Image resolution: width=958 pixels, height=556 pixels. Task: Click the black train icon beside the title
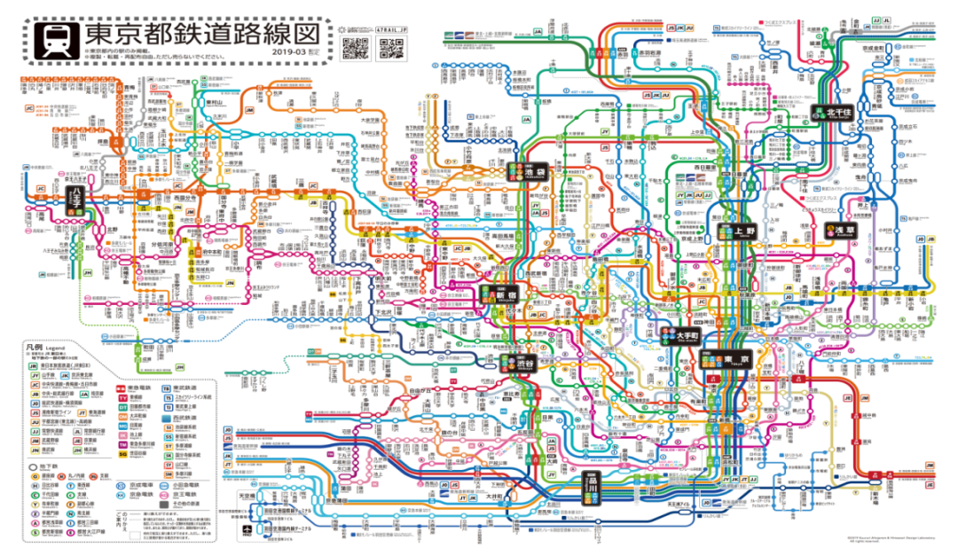point(57,38)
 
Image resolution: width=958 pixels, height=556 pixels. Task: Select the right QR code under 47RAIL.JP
point(391,49)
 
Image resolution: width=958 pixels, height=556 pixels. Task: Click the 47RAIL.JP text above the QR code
point(391,29)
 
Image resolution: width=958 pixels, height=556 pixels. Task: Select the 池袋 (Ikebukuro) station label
point(530,171)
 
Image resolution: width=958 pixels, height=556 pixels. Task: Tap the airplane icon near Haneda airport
point(246,530)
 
